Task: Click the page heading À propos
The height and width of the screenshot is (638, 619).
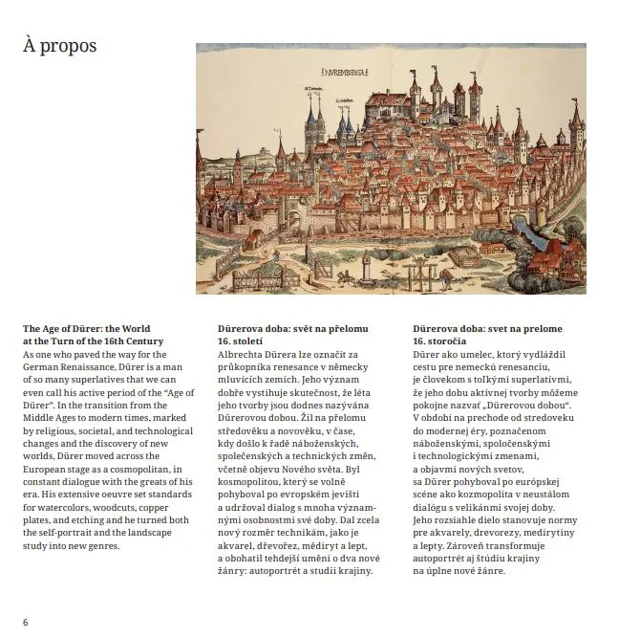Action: coord(59,46)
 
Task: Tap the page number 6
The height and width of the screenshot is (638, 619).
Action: coord(26,621)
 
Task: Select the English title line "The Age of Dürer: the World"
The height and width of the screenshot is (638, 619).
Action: coord(86,330)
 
